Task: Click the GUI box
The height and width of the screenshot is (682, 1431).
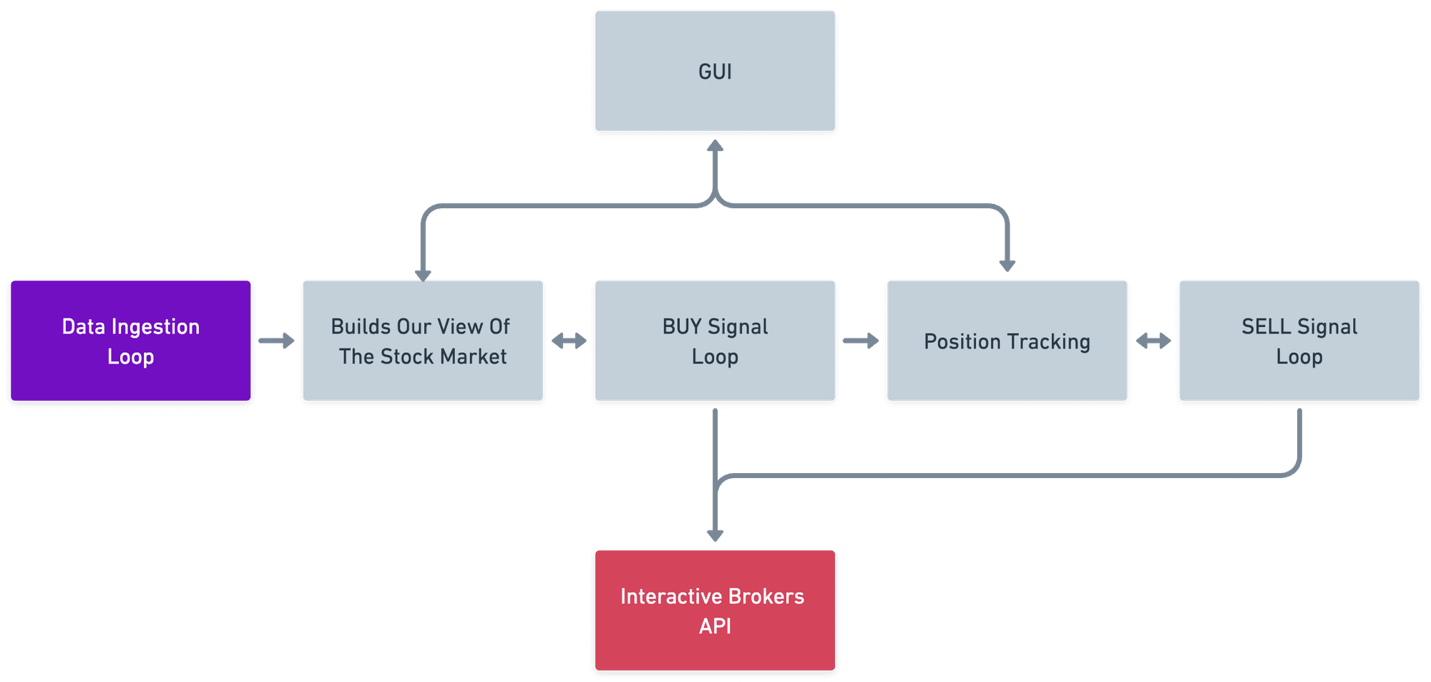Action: click(x=715, y=72)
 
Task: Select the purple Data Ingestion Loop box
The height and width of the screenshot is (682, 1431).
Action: click(x=131, y=341)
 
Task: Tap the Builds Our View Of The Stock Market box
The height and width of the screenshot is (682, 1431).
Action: click(x=423, y=341)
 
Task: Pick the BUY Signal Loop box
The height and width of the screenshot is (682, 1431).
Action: click(x=715, y=341)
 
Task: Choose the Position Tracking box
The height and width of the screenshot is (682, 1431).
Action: click(x=1007, y=341)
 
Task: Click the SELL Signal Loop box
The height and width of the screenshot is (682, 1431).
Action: click(x=1299, y=341)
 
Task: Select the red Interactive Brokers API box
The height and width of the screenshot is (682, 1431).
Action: click(x=715, y=610)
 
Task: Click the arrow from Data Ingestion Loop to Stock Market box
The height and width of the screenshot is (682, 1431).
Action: click(x=277, y=341)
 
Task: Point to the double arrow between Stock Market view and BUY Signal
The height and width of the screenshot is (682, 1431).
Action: click(x=569, y=341)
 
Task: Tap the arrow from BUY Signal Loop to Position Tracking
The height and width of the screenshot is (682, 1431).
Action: click(x=861, y=341)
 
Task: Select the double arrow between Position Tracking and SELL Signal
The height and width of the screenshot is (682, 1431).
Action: click(x=1153, y=341)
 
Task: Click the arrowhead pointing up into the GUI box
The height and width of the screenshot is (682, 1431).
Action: click(x=715, y=147)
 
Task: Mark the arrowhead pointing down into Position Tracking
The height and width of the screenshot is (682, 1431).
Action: click(x=1007, y=266)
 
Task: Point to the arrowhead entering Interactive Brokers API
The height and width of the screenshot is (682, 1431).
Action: click(x=715, y=535)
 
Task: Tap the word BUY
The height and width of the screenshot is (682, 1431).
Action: click(x=681, y=327)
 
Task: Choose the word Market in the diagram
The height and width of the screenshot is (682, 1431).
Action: click(x=473, y=356)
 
